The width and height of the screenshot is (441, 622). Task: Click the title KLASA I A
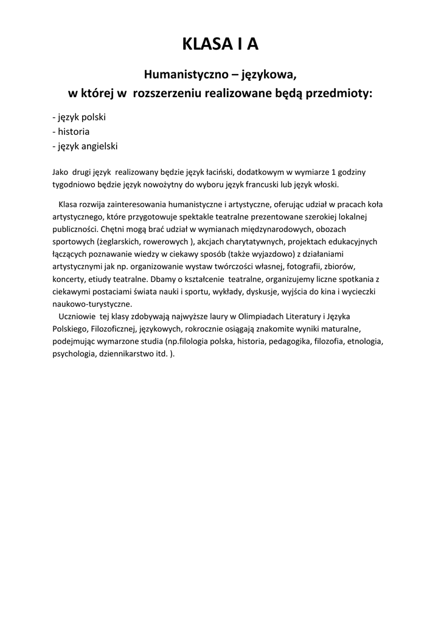tap(220, 45)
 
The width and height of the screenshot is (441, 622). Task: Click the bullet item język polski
tap(79, 117)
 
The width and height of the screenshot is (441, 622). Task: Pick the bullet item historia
tap(71, 131)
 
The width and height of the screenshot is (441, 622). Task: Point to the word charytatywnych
tap(254, 242)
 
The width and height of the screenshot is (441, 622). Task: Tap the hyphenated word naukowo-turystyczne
tap(91, 304)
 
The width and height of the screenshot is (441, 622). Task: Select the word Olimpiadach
tap(265, 316)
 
